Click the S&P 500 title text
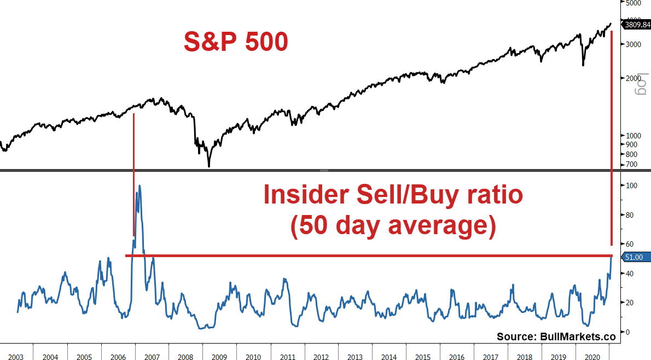pyautogui.click(x=235, y=42)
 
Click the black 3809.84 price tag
pyautogui.click(x=636, y=24)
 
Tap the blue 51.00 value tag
pyautogui.click(x=636, y=257)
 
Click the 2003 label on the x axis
pyautogui.click(x=15, y=357)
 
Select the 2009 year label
pyautogui.click(x=219, y=357)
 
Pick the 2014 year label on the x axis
pyautogui.click(x=389, y=357)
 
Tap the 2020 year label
pyautogui.click(x=592, y=357)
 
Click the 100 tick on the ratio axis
pyautogui.click(x=630, y=186)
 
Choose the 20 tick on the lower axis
pyautogui.click(x=629, y=303)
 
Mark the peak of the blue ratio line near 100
pyautogui.click(x=139, y=186)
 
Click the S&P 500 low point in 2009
pyautogui.click(x=209, y=166)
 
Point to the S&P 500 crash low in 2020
pyautogui.click(x=583, y=65)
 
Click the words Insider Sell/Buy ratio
pyautogui.click(x=393, y=195)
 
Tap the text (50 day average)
pyautogui.click(x=393, y=226)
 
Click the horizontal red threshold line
pyautogui.click(x=372, y=256)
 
